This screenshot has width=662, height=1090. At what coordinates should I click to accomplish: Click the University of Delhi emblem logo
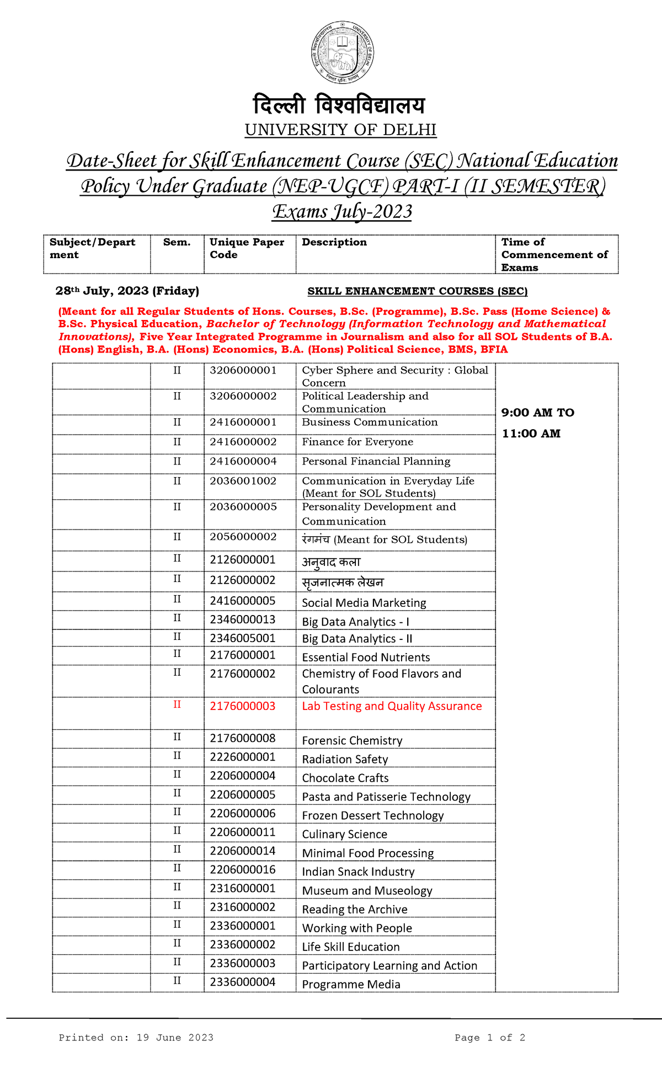(x=342, y=53)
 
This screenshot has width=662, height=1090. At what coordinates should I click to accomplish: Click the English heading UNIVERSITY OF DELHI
(x=340, y=130)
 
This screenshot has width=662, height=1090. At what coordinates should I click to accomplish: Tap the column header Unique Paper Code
(x=247, y=248)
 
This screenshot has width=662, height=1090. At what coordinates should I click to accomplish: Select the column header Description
(x=334, y=242)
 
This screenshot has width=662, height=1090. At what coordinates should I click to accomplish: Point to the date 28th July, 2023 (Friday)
(x=127, y=291)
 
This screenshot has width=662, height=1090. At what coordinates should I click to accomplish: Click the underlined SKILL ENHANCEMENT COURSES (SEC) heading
(x=417, y=291)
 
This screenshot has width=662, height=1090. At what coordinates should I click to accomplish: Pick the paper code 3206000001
(x=243, y=370)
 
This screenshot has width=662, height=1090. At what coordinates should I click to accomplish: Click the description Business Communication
(x=370, y=422)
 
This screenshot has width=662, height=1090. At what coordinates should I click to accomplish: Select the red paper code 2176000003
(x=242, y=706)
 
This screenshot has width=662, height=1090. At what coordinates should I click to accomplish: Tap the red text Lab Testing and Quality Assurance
(x=392, y=706)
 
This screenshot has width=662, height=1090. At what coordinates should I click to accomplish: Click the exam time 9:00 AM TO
(x=537, y=413)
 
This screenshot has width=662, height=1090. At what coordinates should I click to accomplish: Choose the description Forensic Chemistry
(x=352, y=740)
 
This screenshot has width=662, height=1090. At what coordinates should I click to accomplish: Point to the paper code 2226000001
(x=242, y=757)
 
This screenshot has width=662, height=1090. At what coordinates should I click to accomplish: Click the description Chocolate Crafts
(x=345, y=778)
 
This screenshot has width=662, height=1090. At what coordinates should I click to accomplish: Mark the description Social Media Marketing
(x=364, y=603)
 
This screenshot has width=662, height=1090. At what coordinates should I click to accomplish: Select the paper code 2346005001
(x=242, y=638)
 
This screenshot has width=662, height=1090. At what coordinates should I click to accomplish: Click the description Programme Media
(x=351, y=984)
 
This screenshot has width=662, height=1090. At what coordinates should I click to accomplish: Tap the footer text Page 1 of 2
(x=489, y=1038)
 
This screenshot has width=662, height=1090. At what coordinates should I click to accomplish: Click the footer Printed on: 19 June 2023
(x=136, y=1038)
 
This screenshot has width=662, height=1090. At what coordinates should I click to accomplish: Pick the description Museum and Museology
(x=367, y=890)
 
